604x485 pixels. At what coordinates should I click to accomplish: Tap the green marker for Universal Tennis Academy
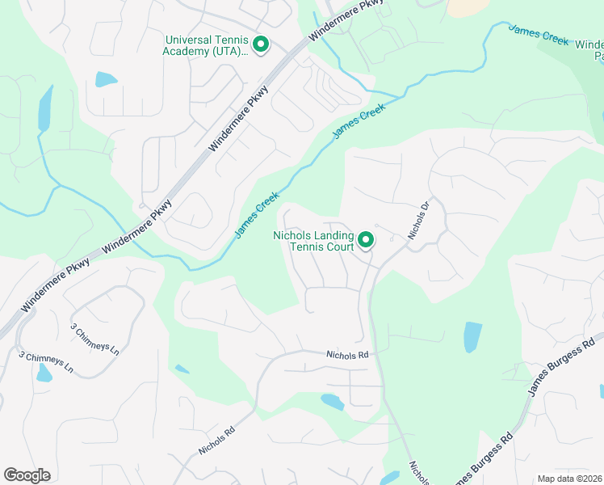click(x=261, y=44)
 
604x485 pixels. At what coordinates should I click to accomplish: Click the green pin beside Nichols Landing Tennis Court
click(x=366, y=239)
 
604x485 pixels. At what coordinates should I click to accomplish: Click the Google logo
click(x=27, y=475)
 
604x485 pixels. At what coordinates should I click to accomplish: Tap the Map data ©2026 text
click(x=569, y=479)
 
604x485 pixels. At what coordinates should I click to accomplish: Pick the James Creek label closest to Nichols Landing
click(x=258, y=215)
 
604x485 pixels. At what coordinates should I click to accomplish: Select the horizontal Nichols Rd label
click(x=347, y=355)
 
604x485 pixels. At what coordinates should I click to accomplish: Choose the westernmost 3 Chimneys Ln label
click(x=46, y=362)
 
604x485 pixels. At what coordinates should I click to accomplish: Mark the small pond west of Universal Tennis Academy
click(x=106, y=79)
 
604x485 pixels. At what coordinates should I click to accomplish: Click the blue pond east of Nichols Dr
click(x=472, y=337)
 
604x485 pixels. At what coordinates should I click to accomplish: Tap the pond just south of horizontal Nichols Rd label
click(x=332, y=401)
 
